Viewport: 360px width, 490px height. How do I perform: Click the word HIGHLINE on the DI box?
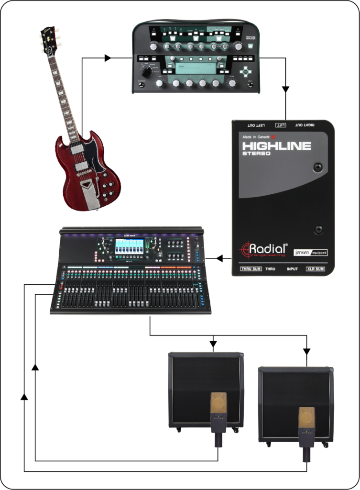pos(276,145)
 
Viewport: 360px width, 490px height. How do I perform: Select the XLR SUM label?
pos(316,269)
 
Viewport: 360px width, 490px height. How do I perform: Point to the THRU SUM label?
pos(253,269)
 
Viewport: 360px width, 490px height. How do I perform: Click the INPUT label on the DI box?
pos(292,269)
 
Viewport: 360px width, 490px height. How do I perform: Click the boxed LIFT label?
pos(281,125)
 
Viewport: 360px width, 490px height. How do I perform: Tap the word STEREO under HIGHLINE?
pos(256,154)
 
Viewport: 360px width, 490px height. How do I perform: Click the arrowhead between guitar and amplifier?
pos(108,58)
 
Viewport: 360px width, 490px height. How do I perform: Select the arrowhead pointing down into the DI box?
pos(286,89)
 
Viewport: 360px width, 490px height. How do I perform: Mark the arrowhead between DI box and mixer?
pos(219,258)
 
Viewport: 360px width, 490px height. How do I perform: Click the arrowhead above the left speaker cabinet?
pos(213,343)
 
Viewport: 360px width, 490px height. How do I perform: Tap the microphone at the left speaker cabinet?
pos(218,416)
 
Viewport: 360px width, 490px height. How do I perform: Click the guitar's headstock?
pos(49,41)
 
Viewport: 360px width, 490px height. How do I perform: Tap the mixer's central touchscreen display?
pos(129,246)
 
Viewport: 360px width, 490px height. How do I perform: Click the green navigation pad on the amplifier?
pos(246,72)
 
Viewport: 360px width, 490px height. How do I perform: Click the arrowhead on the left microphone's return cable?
pos(34,367)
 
